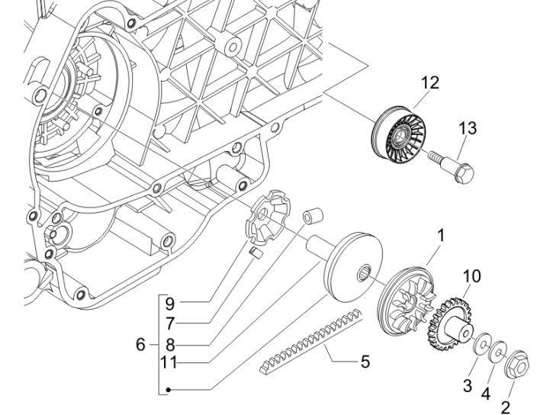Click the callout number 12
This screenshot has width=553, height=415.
tap(430, 83)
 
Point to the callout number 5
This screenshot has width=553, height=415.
tap(365, 362)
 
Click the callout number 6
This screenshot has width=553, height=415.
tap(140, 345)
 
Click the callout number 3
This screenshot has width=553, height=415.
tap(468, 386)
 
